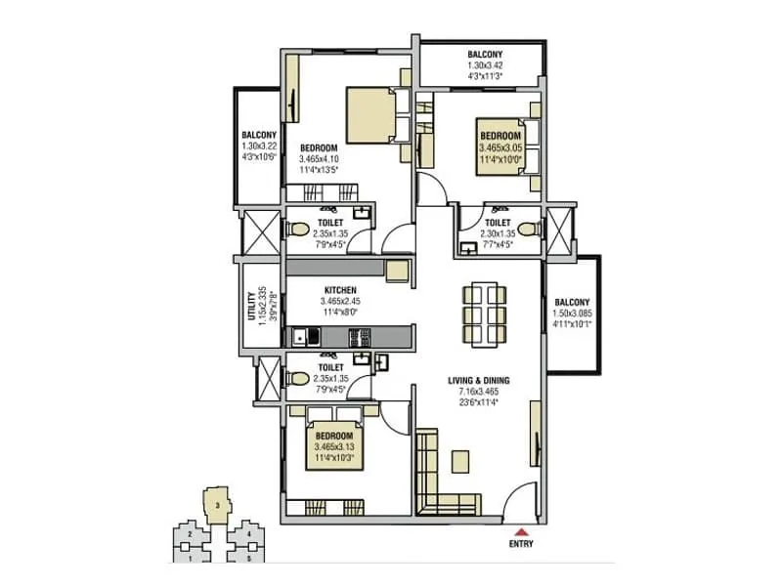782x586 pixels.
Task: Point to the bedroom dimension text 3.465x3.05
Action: click(x=500, y=147)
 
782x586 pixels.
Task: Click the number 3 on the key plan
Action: click(x=216, y=504)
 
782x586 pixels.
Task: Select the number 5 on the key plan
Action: click(x=249, y=558)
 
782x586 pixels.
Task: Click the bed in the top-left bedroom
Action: click(x=371, y=113)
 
